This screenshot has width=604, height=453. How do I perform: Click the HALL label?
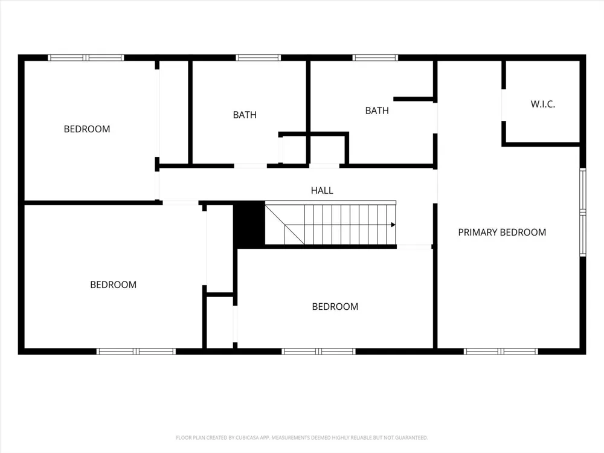point(322,190)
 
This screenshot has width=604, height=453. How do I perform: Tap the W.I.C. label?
point(543,104)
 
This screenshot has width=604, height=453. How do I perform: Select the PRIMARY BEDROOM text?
point(502,233)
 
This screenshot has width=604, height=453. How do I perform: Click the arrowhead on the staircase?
point(393,225)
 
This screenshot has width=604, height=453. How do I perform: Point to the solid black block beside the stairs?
point(249,225)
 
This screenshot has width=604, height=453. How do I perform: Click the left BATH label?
point(245,115)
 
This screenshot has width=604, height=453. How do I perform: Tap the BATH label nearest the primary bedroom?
point(377,111)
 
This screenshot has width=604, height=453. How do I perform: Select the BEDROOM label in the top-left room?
point(87,129)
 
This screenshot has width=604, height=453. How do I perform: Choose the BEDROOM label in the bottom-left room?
point(114,284)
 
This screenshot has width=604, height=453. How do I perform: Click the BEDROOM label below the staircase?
point(335,307)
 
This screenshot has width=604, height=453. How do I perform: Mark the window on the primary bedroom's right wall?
point(583,212)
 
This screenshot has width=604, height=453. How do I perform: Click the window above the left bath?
point(258,58)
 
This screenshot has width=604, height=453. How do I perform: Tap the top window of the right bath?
point(375,58)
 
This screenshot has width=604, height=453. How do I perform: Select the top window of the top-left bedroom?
point(86,58)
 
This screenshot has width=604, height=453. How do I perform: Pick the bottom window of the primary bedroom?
point(501,352)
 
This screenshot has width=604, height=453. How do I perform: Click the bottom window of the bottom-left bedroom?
point(136,352)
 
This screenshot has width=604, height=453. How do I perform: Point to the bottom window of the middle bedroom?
point(318,352)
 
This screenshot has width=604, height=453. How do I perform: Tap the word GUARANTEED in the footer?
point(414,437)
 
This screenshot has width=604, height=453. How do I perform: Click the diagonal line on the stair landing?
point(284,225)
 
